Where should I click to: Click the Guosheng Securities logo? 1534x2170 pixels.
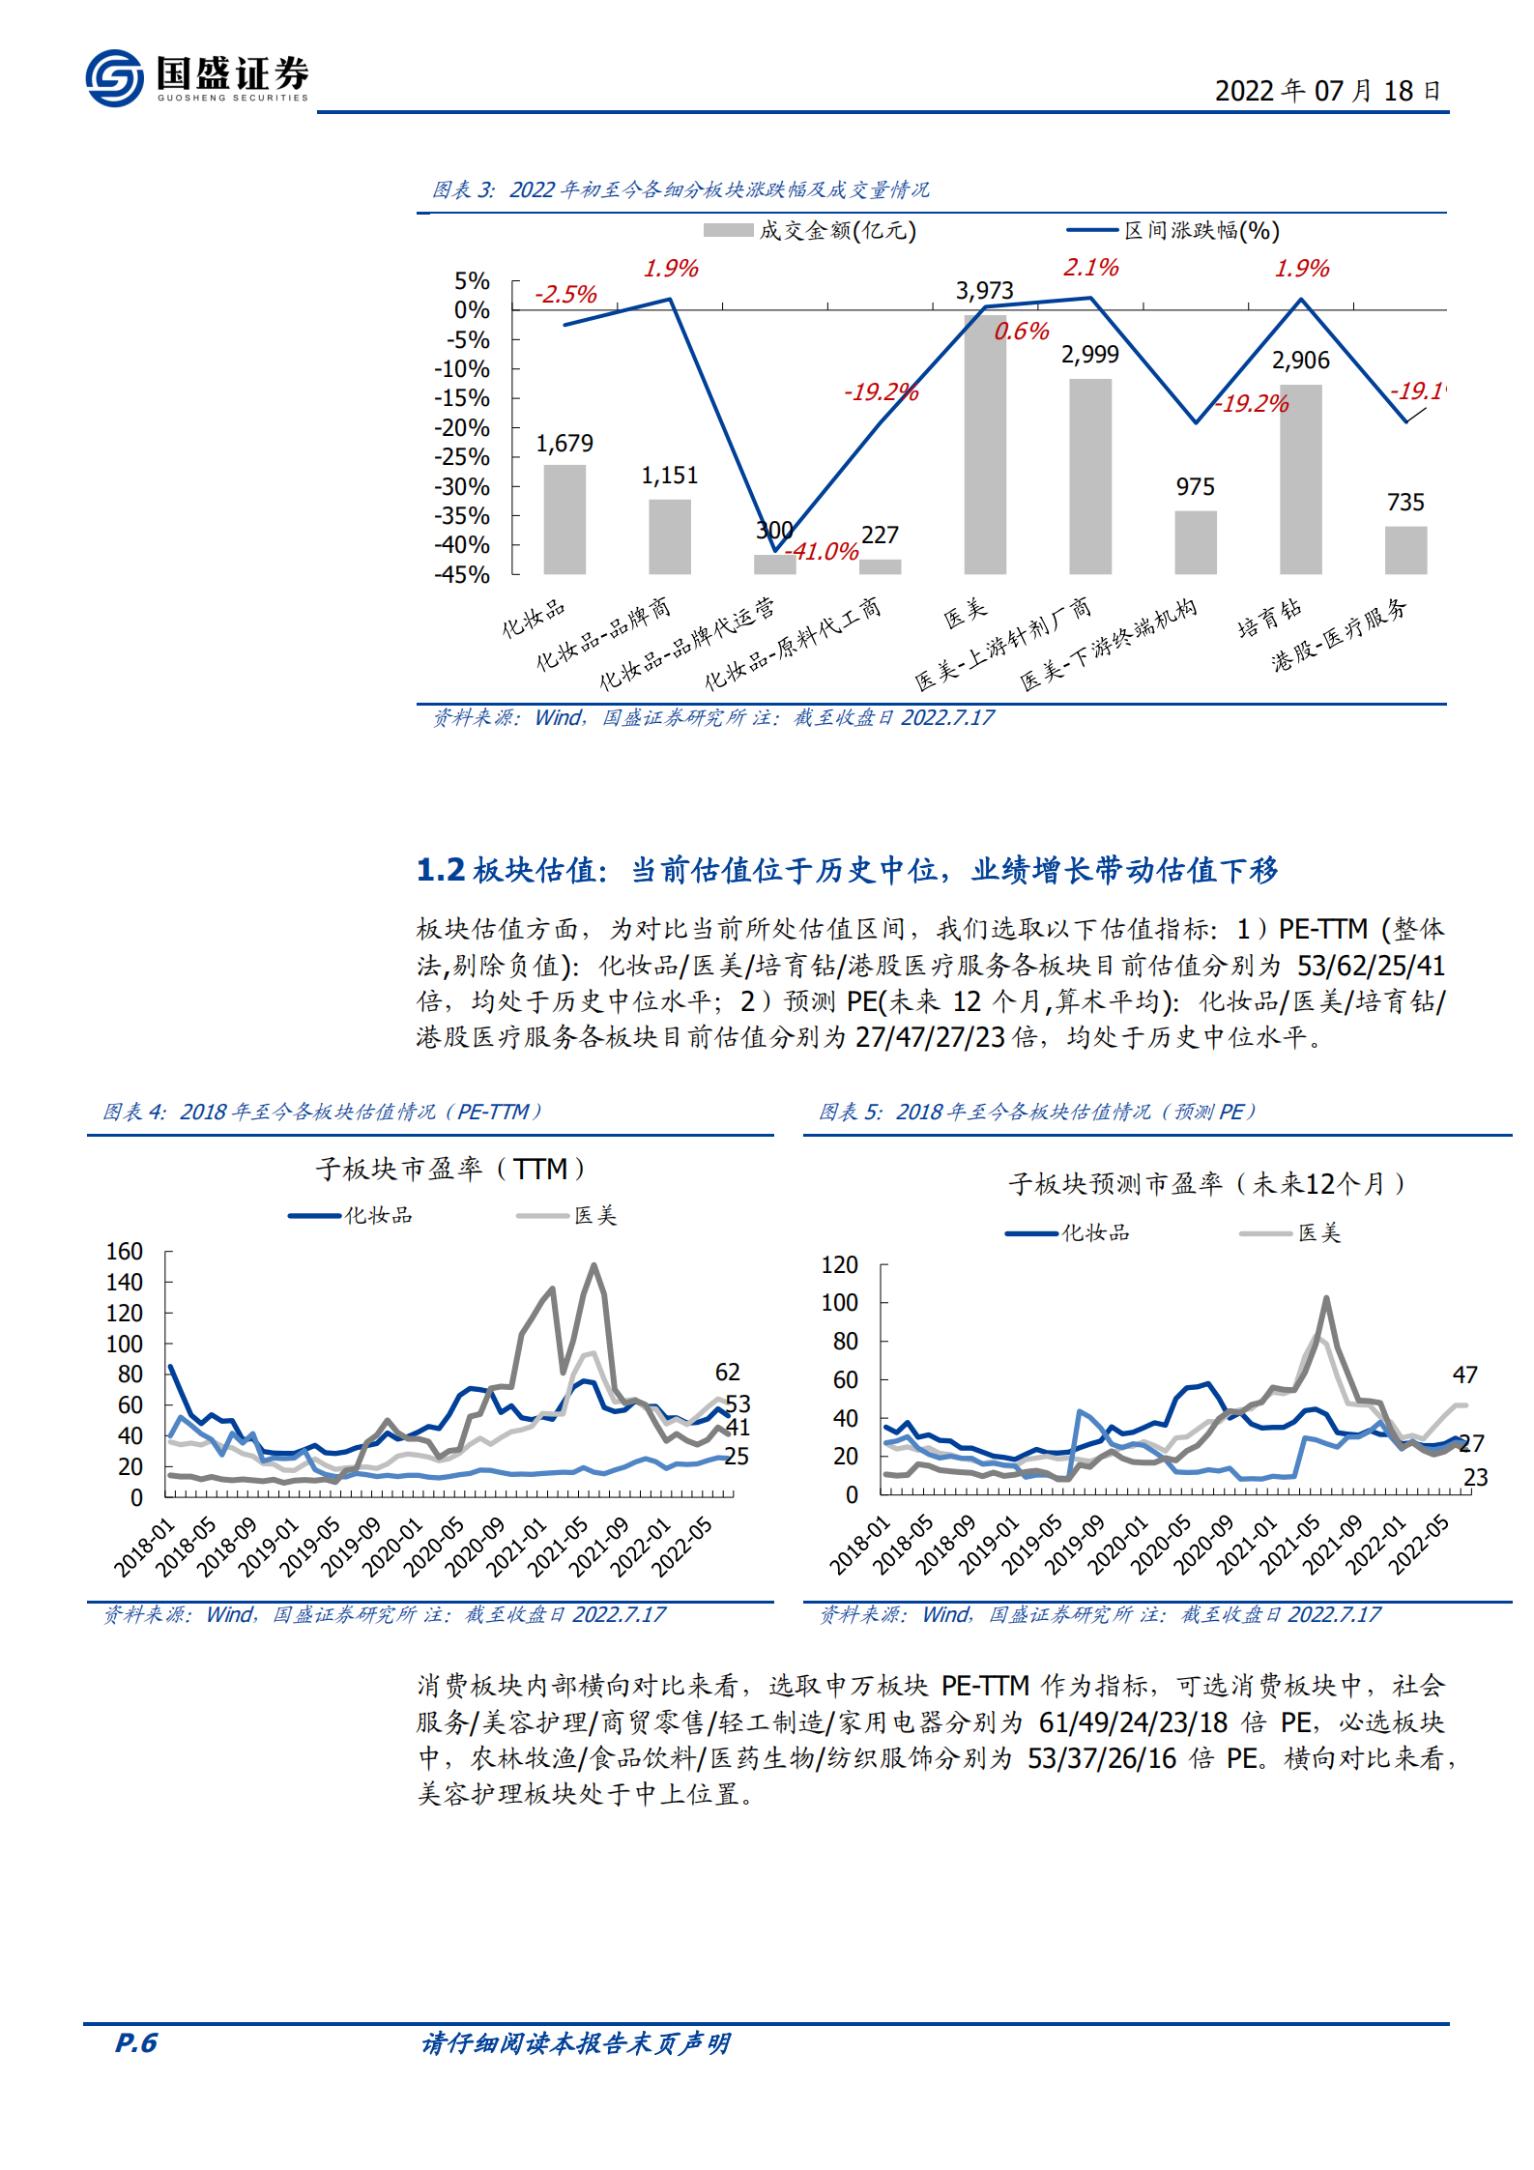197,77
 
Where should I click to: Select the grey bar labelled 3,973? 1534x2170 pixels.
985,445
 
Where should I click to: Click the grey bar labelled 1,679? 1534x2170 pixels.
564,520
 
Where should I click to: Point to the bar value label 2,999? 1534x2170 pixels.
1089,355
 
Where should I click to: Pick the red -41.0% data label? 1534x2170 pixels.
822,552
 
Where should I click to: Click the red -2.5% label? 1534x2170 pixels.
565,295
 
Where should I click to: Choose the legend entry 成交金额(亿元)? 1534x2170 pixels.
810,231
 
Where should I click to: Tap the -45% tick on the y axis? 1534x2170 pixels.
462,575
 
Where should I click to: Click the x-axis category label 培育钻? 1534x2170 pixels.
1269,619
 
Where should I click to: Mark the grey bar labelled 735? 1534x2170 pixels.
1405,551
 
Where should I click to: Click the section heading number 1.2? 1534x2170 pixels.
441,870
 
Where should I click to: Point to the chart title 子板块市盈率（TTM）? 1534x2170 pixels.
450,1170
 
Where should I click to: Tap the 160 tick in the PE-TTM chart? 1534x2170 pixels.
125,1252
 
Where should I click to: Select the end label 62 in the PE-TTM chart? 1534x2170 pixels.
727,1373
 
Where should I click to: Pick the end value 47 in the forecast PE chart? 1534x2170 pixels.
1464,1375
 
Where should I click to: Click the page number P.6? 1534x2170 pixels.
136,2042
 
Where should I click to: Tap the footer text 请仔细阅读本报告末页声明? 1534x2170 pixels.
576,2042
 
